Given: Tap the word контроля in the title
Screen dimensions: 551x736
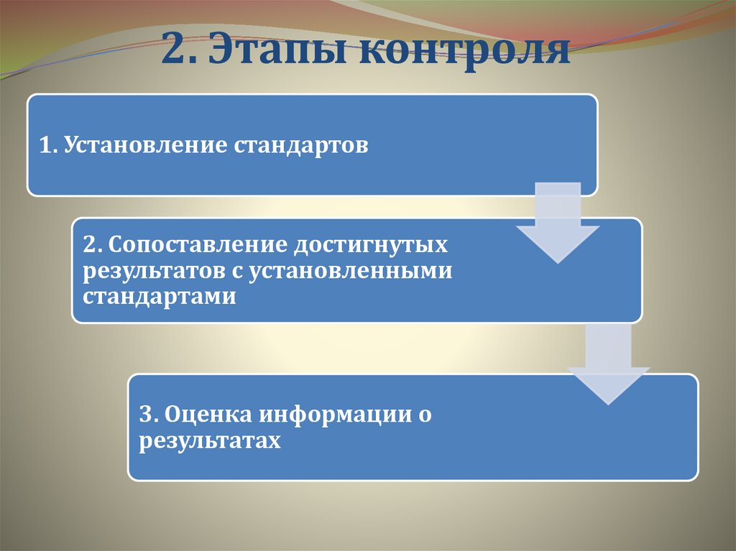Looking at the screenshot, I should (x=460, y=52).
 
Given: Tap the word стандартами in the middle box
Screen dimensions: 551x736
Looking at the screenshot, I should (x=159, y=297).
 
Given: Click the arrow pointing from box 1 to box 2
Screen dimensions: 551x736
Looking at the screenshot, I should (x=558, y=223).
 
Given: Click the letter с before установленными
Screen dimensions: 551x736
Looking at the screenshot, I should (x=231, y=272).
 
